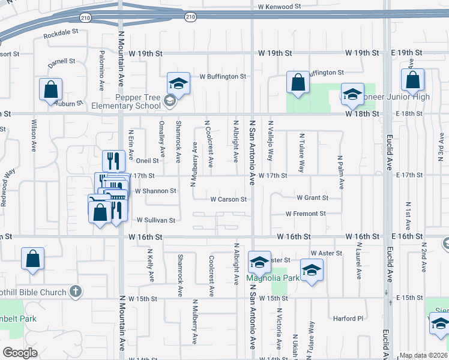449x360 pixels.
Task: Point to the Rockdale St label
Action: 61,35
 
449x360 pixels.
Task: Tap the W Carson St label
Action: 228,199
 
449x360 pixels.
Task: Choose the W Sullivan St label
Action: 156,220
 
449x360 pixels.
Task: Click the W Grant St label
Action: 312,197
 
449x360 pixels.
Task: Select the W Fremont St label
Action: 306,214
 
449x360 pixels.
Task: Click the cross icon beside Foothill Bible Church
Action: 75,292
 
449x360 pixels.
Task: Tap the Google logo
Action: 20,353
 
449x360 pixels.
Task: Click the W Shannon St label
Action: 155,191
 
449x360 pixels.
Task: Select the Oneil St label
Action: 147,161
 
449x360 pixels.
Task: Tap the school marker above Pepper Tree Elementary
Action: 178,82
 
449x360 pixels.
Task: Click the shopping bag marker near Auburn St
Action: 51,89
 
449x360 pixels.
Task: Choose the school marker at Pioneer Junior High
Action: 352,93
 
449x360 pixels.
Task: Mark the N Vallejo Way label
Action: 271,146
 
